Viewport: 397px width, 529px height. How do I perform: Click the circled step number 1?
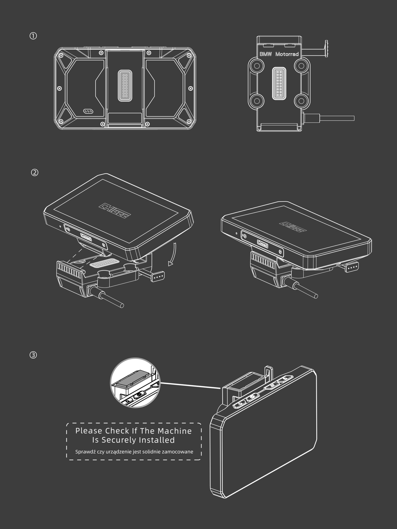point(33,36)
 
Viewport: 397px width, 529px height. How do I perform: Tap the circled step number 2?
point(35,173)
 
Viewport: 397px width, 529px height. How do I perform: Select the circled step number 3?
point(33,355)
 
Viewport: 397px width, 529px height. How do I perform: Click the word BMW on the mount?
point(266,54)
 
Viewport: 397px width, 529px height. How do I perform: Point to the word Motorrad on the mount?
point(287,54)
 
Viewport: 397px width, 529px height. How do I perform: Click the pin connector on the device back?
point(125,86)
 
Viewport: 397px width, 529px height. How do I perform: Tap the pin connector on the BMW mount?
point(279,83)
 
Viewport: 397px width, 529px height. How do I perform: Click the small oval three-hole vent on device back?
point(88,111)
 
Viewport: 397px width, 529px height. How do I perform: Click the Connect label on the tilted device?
point(86,237)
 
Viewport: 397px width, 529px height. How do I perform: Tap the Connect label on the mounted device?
point(263,244)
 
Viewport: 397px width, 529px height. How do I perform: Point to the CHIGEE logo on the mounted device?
point(293,227)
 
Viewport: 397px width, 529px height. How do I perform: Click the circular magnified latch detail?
point(135,383)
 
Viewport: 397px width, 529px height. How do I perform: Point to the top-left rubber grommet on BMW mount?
point(256,65)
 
